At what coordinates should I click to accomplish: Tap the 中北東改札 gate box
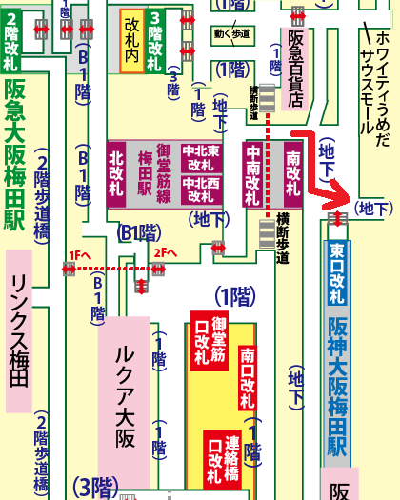203,156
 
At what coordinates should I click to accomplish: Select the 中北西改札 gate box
203,190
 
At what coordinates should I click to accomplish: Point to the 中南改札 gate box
252,173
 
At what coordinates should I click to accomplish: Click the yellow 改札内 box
130,42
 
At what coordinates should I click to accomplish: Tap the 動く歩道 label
232,36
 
